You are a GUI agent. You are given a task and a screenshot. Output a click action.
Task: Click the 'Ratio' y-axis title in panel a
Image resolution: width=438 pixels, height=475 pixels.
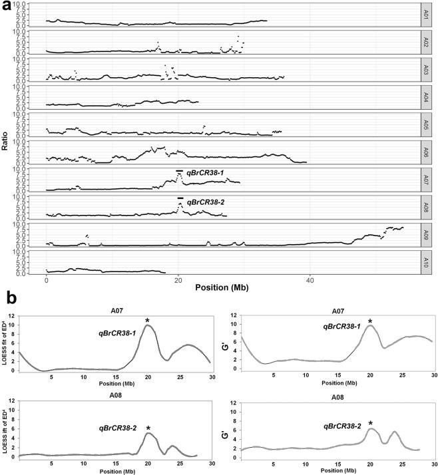(x=6, y=142)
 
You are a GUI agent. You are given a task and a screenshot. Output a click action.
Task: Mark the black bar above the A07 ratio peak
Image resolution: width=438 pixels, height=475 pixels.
(x=179, y=171)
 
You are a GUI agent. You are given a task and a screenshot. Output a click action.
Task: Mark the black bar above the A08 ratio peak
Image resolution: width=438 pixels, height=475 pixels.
(x=180, y=198)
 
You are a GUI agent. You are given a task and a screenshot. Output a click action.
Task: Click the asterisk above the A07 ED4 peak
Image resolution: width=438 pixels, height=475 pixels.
(x=147, y=321)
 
